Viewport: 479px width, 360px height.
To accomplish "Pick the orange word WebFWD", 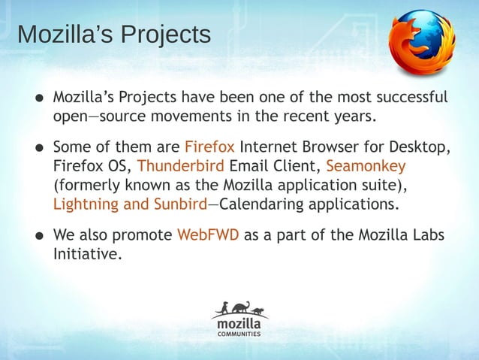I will coord(208,234).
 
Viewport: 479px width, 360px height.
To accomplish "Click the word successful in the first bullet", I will coord(411,98).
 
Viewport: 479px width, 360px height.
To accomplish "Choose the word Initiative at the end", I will coord(86,254).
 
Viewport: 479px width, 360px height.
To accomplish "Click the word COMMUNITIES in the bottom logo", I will coord(239,334).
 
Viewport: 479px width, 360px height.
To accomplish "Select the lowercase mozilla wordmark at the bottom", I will coord(239,324).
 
